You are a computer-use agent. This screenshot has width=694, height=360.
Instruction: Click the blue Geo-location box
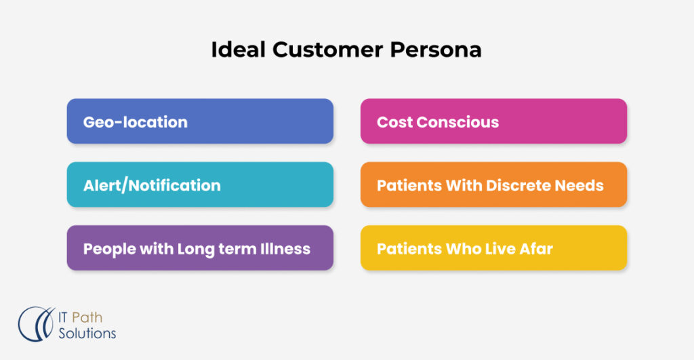pyautogui.click(x=200, y=122)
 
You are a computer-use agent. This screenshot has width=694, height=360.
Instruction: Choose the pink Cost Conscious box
pyautogui.click(x=493, y=122)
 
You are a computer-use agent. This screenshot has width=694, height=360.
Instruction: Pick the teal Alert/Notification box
pyautogui.click(x=200, y=185)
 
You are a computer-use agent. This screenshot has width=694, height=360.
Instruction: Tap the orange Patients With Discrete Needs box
pyautogui.click(x=493, y=185)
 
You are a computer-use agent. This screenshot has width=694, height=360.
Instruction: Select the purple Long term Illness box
pyautogui.click(x=200, y=249)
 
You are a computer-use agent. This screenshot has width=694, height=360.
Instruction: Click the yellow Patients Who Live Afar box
pyautogui.click(x=493, y=249)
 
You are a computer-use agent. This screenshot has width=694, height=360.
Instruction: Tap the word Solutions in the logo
pyautogui.click(x=87, y=334)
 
